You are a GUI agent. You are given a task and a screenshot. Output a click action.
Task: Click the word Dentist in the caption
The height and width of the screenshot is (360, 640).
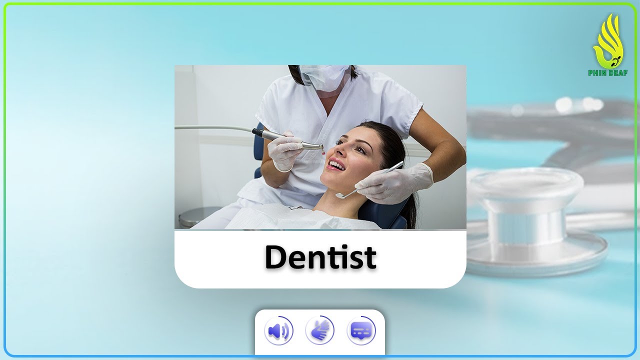click(320, 257)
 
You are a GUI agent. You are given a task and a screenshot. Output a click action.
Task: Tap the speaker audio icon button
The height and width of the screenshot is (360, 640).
click(278, 331)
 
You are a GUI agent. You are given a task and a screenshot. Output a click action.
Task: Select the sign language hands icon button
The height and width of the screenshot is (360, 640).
click(320, 331)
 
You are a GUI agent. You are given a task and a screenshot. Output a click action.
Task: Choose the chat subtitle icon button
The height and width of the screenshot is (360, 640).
click(361, 331)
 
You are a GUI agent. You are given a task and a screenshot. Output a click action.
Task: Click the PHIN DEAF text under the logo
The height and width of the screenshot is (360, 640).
click(608, 73)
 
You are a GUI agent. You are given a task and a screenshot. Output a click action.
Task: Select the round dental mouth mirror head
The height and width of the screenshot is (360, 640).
click(340, 195)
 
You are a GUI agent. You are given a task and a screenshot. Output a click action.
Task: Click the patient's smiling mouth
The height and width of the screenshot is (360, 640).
click(337, 165)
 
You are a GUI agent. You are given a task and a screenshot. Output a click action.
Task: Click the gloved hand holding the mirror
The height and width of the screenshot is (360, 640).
click(395, 182)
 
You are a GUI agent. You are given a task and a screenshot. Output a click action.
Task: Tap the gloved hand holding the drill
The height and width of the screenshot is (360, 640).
click(285, 150)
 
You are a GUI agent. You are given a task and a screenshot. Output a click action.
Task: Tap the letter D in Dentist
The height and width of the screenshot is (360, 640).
click(276, 257)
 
